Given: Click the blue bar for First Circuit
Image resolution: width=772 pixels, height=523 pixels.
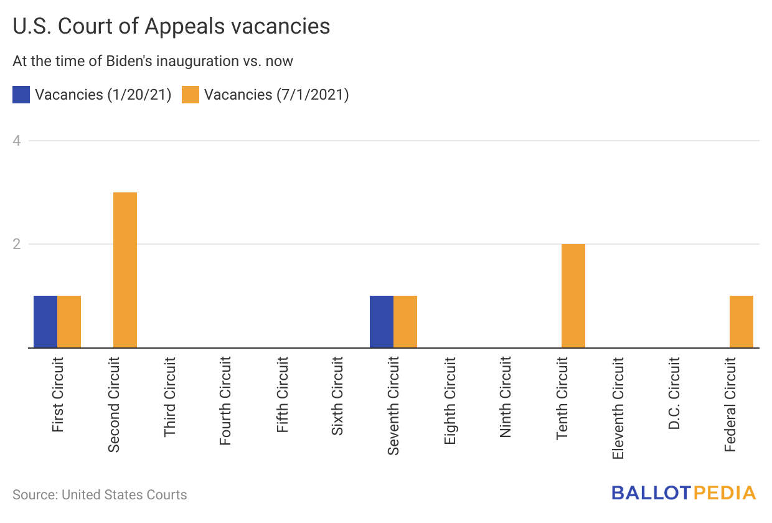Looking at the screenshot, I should pyautogui.click(x=45, y=321).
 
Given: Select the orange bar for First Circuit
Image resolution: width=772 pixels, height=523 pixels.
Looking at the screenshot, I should pyautogui.click(x=69, y=321).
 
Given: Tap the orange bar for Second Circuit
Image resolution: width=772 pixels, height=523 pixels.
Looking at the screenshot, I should pyautogui.click(x=125, y=270).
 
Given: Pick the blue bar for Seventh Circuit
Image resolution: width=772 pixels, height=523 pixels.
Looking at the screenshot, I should pyautogui.click(x=382, y=321).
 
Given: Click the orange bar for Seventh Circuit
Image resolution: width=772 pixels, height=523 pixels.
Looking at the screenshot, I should pyautogui.click(x=405, y=321).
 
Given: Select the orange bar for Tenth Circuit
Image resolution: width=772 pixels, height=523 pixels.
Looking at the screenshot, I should pyautogui.click(x=573, y=296).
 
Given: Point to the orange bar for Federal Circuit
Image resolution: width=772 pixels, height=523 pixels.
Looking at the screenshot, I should pyautogui.click(x=741, y=321).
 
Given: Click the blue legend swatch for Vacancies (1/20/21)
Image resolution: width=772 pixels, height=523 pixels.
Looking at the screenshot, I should pyautogui.click(x=21, y=95).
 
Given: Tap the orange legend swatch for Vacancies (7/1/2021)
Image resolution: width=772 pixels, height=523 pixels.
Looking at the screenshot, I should pyautogui.click(x=191, y=95).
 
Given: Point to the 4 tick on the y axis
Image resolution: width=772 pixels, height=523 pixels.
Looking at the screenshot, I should pyautogui.click(x=17, y=141).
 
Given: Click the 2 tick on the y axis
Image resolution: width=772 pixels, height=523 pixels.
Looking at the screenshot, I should pyautogui.click(x=17, y=244).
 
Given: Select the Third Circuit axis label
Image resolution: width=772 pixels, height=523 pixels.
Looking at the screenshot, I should pyautogui.click(x=169, y=396).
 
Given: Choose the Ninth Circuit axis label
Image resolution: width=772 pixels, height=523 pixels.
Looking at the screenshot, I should pyautogui.click(x=506, y=396).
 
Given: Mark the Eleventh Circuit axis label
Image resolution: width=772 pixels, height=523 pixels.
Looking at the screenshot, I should pyautogui.click(x=618, y=408).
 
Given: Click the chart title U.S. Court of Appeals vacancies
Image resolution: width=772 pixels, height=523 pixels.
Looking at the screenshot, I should pyautogui.click(x=171, y=27).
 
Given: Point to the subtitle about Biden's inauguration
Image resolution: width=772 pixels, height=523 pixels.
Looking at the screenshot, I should pyautogui.click(x=153, y=61).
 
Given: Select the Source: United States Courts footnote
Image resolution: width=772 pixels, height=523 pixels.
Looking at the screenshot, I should pyautogui.click(x=100, y=495).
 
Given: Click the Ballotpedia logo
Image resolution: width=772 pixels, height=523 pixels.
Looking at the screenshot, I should pyautogui.click(x=684, y=493).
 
